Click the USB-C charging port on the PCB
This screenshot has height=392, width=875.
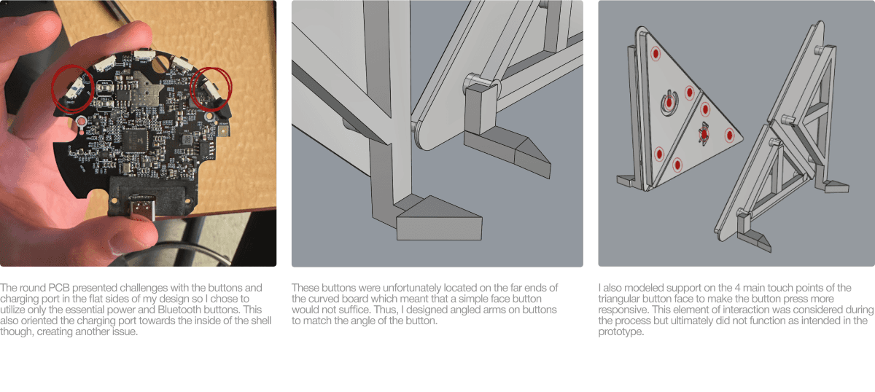tap(143, 206)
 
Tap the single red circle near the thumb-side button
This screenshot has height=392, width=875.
tap(73, 88)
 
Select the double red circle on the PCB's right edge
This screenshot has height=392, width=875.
tap(211, 88)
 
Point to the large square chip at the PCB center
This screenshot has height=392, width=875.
tap(136, 139)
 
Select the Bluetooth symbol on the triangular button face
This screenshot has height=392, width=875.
tap(704, 133)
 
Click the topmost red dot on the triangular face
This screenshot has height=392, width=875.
tap(656, 53)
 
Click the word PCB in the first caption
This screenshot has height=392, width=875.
tap(58, 288)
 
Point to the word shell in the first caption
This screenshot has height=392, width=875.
tap(260, 321)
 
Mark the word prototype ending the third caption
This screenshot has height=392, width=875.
tap(621, 332)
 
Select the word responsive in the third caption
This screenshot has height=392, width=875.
tap(622, 310)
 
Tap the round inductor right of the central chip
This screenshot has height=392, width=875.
tap(187, 138)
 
